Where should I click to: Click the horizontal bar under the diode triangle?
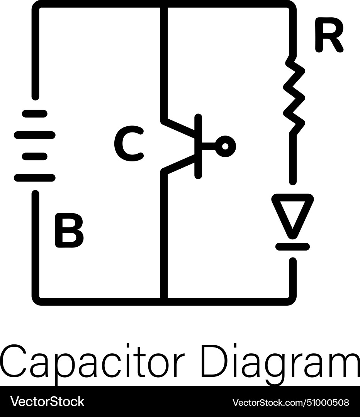(x=292, y=246)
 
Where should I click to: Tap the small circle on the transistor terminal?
(x=226, y=146)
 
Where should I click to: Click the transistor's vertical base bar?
(x=198, y=146)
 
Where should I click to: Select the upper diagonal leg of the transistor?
(x=180, y=129)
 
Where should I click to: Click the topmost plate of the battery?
(x=35, y=114)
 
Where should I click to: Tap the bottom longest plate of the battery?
(x=35, y=178)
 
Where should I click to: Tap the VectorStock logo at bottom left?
(x=47, y=402)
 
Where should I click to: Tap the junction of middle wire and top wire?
(x=164, y=4)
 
